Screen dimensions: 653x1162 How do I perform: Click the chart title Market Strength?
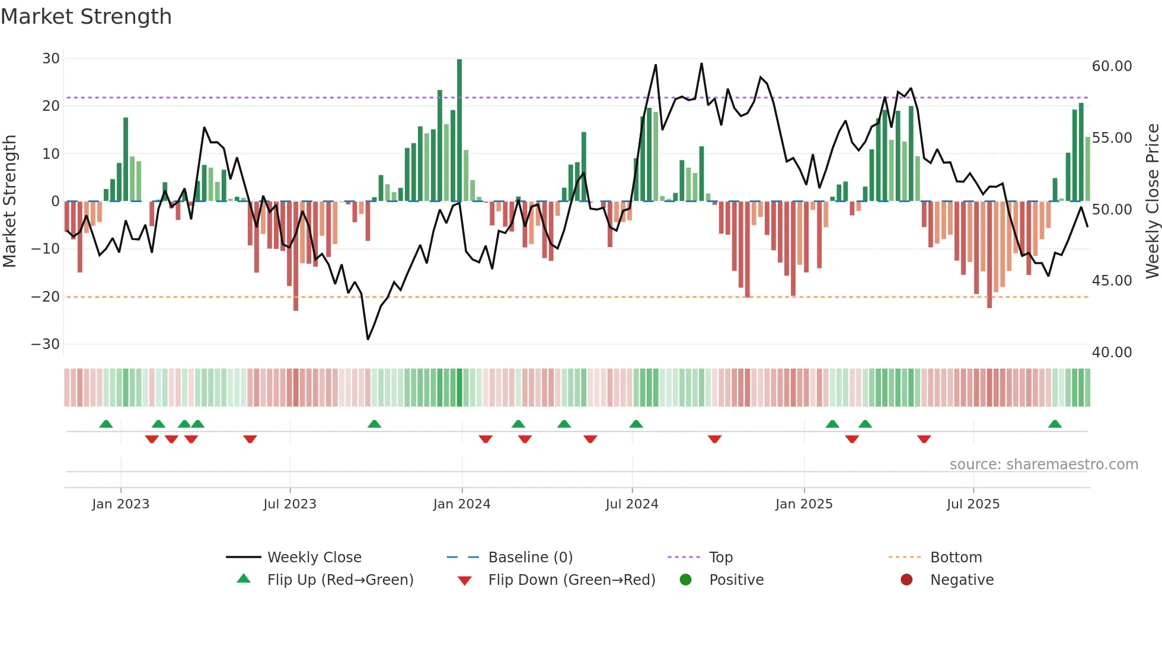(86, 17)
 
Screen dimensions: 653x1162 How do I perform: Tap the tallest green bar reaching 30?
(459, 130)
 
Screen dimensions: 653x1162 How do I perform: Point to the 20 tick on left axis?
(51, 106)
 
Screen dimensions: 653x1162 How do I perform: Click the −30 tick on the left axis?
(46, 344)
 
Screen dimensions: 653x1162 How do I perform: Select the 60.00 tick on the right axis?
(1112, 66)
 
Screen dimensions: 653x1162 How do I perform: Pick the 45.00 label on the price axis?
(1112, 281)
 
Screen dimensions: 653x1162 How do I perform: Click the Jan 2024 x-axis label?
(462, 504)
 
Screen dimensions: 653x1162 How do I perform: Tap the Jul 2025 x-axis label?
(973, 504)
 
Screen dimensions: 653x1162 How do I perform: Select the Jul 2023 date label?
(290, 504)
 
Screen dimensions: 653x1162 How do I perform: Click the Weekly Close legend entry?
(314, 558)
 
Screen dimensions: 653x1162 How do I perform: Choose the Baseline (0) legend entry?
(530, 558)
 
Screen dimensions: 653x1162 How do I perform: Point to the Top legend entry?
(721, 558)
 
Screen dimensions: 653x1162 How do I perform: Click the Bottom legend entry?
(956, 558)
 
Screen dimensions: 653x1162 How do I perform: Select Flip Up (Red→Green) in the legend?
(340, 580)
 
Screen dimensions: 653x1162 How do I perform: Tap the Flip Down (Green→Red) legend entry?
(572, 580)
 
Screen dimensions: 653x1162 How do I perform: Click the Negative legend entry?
(962, 580)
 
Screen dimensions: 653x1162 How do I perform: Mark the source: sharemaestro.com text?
(1043, 465)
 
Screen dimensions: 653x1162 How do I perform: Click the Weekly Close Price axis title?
(1152, 201)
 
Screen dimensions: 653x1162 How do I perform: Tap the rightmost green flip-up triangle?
(1055, 424)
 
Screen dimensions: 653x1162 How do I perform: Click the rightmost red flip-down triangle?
(924, 439)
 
